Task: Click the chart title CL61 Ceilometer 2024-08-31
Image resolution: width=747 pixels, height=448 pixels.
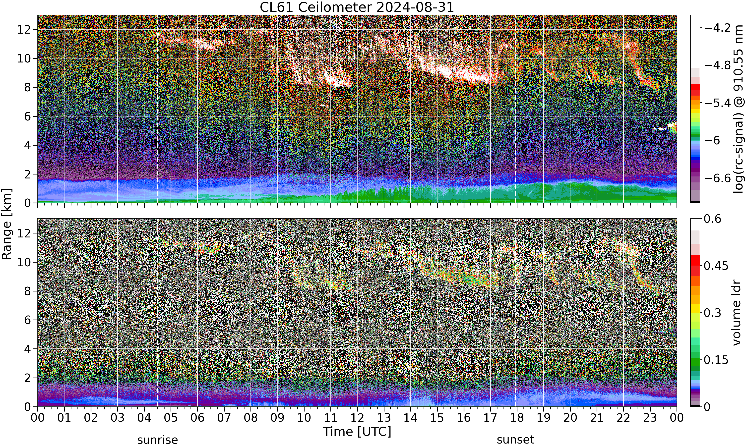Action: (x=357, y=7)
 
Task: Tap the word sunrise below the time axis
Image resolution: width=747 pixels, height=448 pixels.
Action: (x=158, y=440)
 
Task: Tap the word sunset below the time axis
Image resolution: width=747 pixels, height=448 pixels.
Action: (x=515, y=440)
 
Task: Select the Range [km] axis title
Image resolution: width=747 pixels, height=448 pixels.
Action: (x=7, y=224)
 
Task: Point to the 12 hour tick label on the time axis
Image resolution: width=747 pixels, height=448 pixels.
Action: (x=357, y=418)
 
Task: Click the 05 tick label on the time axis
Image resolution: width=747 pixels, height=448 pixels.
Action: (x=171, y=418)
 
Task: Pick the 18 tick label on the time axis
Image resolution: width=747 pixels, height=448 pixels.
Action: (x=517, y=418)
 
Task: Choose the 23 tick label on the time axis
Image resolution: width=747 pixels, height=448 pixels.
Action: (x=650, y=418)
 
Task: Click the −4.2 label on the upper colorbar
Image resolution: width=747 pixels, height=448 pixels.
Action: (x=717, y=28)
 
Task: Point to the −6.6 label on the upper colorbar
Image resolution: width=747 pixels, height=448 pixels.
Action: (x=717, y=178)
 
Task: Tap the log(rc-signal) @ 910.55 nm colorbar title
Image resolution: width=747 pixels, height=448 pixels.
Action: (x=739, y=109)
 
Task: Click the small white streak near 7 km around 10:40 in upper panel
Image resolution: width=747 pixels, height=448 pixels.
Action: (x=323, y=105)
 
